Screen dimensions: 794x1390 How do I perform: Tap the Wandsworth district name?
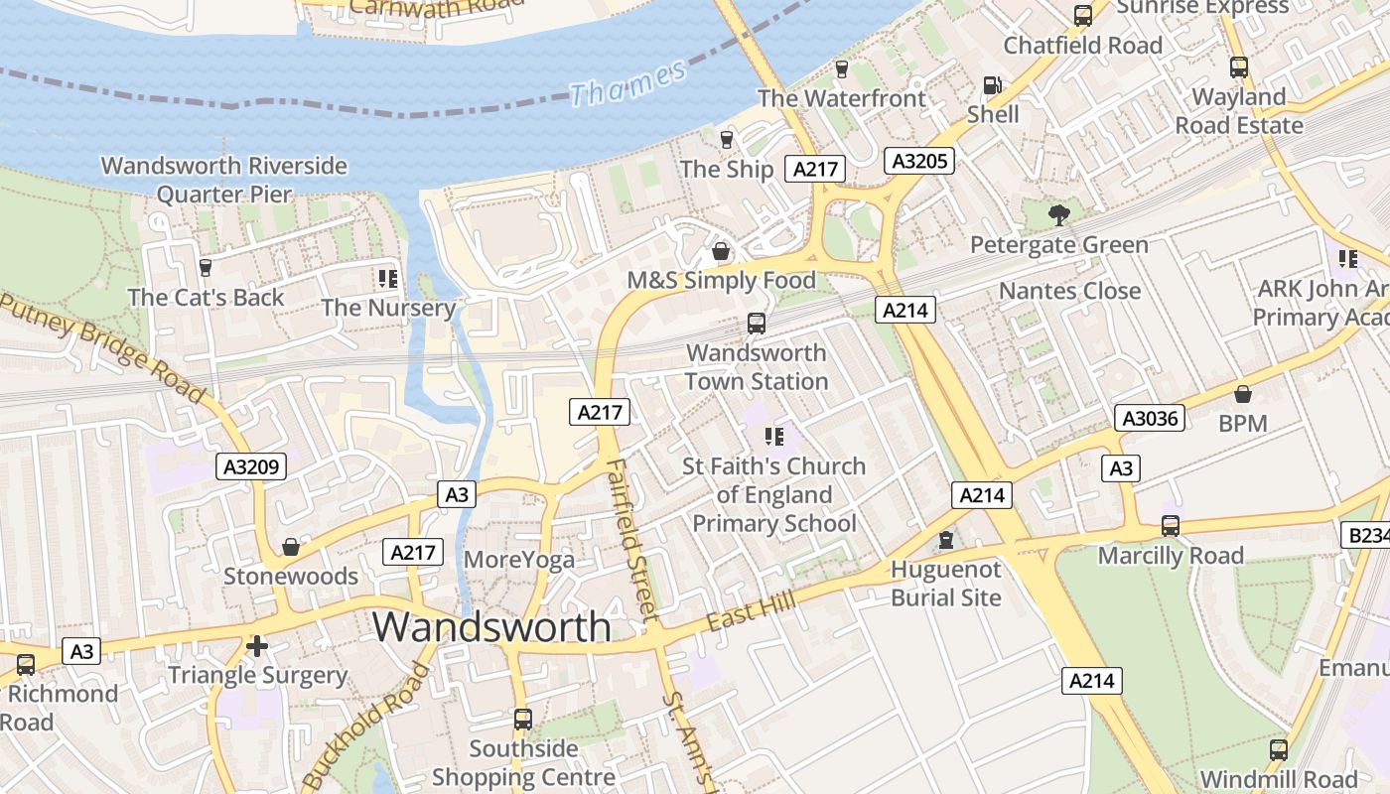(x=491, y=626)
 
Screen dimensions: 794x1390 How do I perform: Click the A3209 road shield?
(x=252, y=466)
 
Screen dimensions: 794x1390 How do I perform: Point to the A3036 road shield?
(x=1150, y=418)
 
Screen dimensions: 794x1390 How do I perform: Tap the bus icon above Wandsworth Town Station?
(x=757, y=323)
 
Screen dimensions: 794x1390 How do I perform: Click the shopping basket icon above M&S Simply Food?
(x=721, y=252)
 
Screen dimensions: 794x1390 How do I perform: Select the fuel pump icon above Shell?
(x=992, y=85)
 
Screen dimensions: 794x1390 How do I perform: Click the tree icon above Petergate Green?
(x=1059, y=214)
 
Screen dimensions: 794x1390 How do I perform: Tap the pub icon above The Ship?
(x=727, y=139)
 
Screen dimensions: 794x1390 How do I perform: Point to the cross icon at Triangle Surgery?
(x=257, y=647)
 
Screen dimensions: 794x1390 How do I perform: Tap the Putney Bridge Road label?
(x=104, y=348)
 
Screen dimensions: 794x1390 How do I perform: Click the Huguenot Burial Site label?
(x=945, y=584)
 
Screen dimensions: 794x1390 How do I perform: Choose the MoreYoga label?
(x=519, y=560)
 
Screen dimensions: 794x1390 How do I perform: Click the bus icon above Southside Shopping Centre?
(x=523, y=719)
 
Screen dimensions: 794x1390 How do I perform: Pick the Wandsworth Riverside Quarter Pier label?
(x=224, y=180)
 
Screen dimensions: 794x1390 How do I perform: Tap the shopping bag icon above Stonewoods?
(x=291, y=547)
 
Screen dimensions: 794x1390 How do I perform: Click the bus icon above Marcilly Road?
(x=1171, y=526)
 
